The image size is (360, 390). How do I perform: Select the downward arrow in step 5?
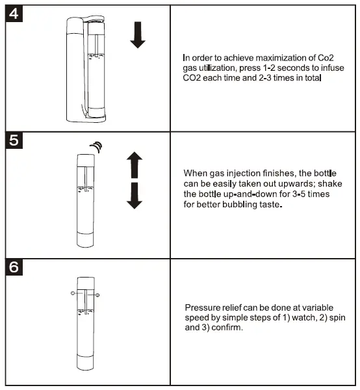[x=134, y=196]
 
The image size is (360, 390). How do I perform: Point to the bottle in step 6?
[x=86, y=325]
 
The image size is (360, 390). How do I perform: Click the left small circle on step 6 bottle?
[x=72, y=294]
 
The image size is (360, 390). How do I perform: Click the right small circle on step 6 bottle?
[x=99, y=295]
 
